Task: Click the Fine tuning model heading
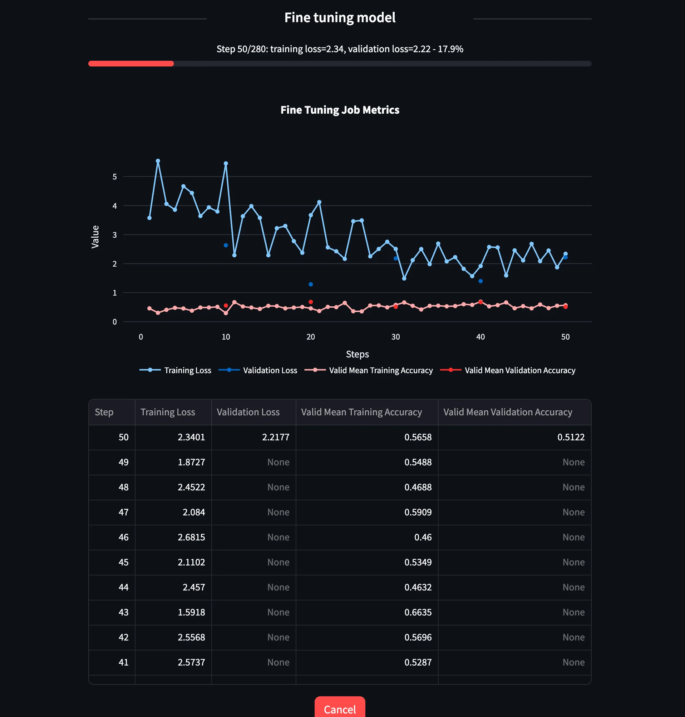coord(340,18)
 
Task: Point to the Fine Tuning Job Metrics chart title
coord(340,110)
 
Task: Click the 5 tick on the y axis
coord(115,177)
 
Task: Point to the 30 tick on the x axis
coord(395,337)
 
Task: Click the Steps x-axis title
coord(357,354)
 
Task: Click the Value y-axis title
coord(95,237)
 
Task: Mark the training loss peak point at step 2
coord(158,161)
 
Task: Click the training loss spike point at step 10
coord(226,164)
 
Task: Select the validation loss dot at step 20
coord(311,285)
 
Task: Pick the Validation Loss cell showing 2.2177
coord(275,437)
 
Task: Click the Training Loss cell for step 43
coord(191,612)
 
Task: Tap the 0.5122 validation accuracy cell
coord(570,437)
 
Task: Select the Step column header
coord(104,412)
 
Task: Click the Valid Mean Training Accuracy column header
coord(361,412)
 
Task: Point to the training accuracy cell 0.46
coord(423,537)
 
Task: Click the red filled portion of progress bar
coord(131,64)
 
